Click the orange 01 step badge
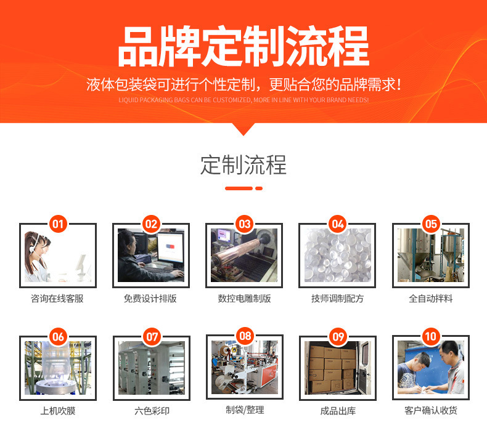[x=58, y=224]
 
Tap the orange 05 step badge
[x=431, y=224]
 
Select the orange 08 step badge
[x=245, y=336]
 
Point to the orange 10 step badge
[x=431, y=336]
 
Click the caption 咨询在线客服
[x=57, y=299]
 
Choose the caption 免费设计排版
[x=150, y=299]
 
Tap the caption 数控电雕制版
[x=244, y=299]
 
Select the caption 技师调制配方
[x=338, y=299]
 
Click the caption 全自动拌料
[x=431, y=299]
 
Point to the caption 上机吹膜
[x=58, y=411]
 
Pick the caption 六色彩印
[x=152, y=411]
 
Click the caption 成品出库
[x=338, y=411]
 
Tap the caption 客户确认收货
[x=431, y=411]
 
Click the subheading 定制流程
[x=243, y=165]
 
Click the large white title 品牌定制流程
[x=243, y=46]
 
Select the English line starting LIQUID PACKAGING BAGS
[x=243, y=100]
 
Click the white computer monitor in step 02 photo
[x=170, y=250]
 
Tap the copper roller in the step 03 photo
[x=239, y=252]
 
